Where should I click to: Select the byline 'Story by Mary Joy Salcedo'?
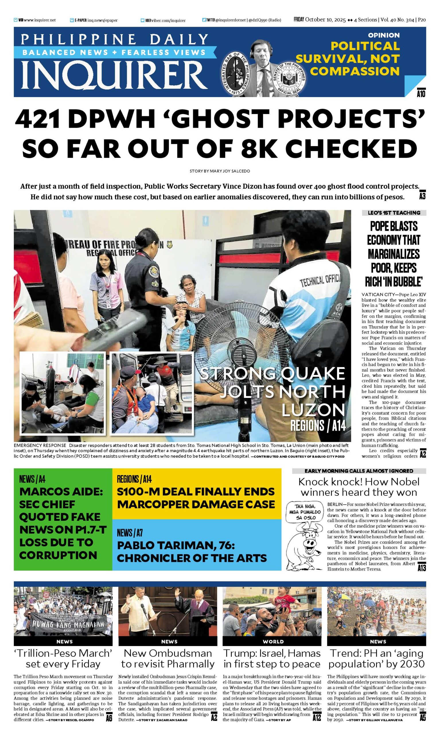pos(220,171)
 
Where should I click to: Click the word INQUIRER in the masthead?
pos(114,76)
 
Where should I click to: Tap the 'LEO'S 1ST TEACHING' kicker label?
pos(394,213)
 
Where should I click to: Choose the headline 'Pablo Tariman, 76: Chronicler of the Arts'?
pos(192,552)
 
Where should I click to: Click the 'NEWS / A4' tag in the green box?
pos(32,479)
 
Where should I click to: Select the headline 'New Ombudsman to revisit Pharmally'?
pos(168,658)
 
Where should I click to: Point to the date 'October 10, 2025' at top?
pos(325,20)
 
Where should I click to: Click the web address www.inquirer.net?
pos(39,20)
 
